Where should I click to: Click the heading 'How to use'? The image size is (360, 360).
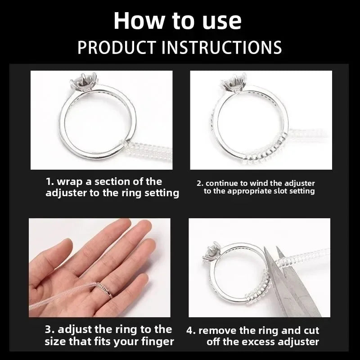(x=177, y=21)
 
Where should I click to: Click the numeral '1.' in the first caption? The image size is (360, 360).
(x=50, y=182)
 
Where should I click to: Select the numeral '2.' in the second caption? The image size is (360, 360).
(x=200, y=184)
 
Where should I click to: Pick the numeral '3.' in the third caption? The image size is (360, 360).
(x=50, y=330)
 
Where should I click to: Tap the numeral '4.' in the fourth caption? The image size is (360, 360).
(x=191, y=331)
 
